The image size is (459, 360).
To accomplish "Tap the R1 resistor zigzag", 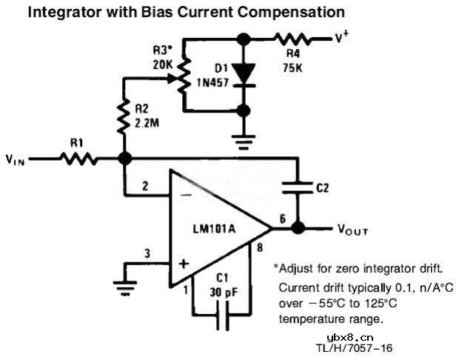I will pos(79,158).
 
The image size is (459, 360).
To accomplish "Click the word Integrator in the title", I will pos(63,13).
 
